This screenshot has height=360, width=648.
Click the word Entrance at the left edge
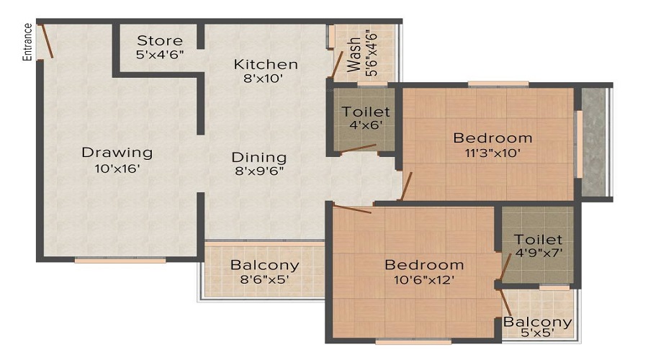coord(28,42)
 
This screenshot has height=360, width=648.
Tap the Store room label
coord(160,40)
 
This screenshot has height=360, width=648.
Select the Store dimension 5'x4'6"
coord(160,55)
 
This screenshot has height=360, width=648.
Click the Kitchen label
coord(266,65)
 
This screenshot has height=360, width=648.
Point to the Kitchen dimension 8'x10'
coord(266,79)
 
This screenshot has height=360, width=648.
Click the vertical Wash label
coord(354,55)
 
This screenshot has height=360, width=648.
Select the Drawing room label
coord(117,153)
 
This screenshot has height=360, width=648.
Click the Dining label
coord(258,157)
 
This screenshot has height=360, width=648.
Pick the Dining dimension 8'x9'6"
coord(258,171)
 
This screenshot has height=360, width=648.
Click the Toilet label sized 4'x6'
coord(366,112)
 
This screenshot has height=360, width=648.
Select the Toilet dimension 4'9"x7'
coord(539,253)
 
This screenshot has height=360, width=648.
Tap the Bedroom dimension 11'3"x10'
coord(492,153)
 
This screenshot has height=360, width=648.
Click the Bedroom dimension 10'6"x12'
coord(423,279)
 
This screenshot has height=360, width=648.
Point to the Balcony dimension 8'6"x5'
coord(264,279)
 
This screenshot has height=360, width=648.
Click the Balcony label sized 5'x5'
coord(538,322)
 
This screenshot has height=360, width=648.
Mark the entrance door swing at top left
coord(46,42)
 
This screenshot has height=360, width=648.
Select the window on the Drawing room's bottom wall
coord(120,260)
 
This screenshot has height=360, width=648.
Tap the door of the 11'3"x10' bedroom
coord(407,186)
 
